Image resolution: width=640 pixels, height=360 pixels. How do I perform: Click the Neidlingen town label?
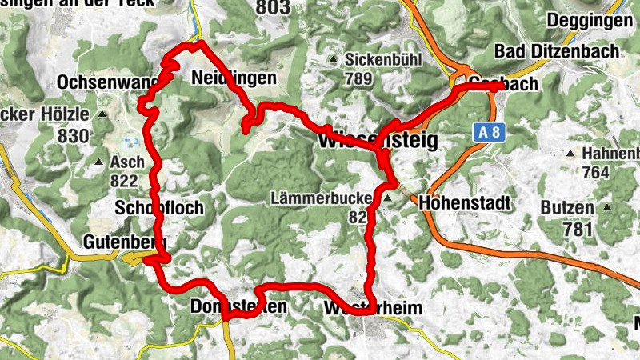pyautogui.click(x=234, y=78)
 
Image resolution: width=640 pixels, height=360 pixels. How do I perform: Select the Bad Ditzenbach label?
pyautogui.click(x=557, y=51)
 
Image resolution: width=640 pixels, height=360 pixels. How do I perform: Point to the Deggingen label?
pyautogui.click(x=589, y=21)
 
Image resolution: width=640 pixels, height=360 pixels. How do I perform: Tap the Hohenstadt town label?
pyautogui.click(x=464, y=203)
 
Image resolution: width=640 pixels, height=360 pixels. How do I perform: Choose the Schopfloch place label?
pyautogui.click(x=158, y=208)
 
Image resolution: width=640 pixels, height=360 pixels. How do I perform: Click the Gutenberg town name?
pyautogui.click(x=123, y=242)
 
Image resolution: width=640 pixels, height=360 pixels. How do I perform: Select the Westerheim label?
pyautogui.click(x=373, y=309)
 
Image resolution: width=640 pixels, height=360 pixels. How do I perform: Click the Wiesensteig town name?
pyautogui.click(x=378, y=142)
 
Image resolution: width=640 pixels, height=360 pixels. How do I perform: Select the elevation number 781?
pyautogui.click(x=578, y=230)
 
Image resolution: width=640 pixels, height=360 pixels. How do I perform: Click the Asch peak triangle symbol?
pyautogui.click(x=99, y=162)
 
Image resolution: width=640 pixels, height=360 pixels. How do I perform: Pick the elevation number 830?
pyautogui.click(x=74, y=136)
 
